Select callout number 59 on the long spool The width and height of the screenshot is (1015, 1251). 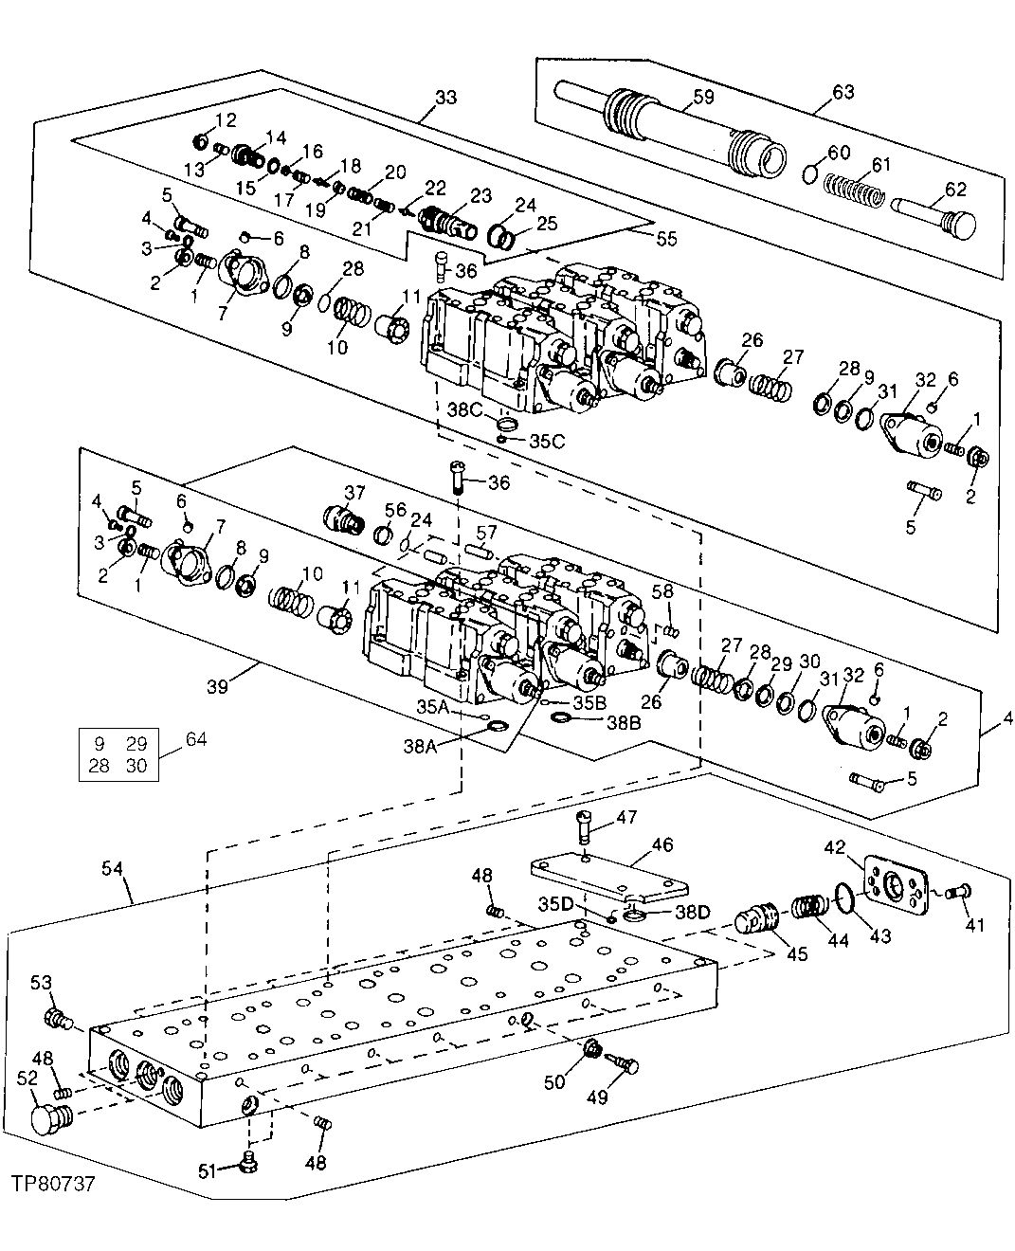pyautogui.click(x=703, y=96)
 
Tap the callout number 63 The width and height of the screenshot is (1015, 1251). pyautogui.click(x=843, y=92)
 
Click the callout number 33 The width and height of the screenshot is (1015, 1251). pyautogui.click(x=444, y=97)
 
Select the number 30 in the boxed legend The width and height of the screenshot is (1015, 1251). pyautogui.click(x=136, y=766)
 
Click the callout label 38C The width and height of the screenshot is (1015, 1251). pyautogui.click(x=466, y=409)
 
